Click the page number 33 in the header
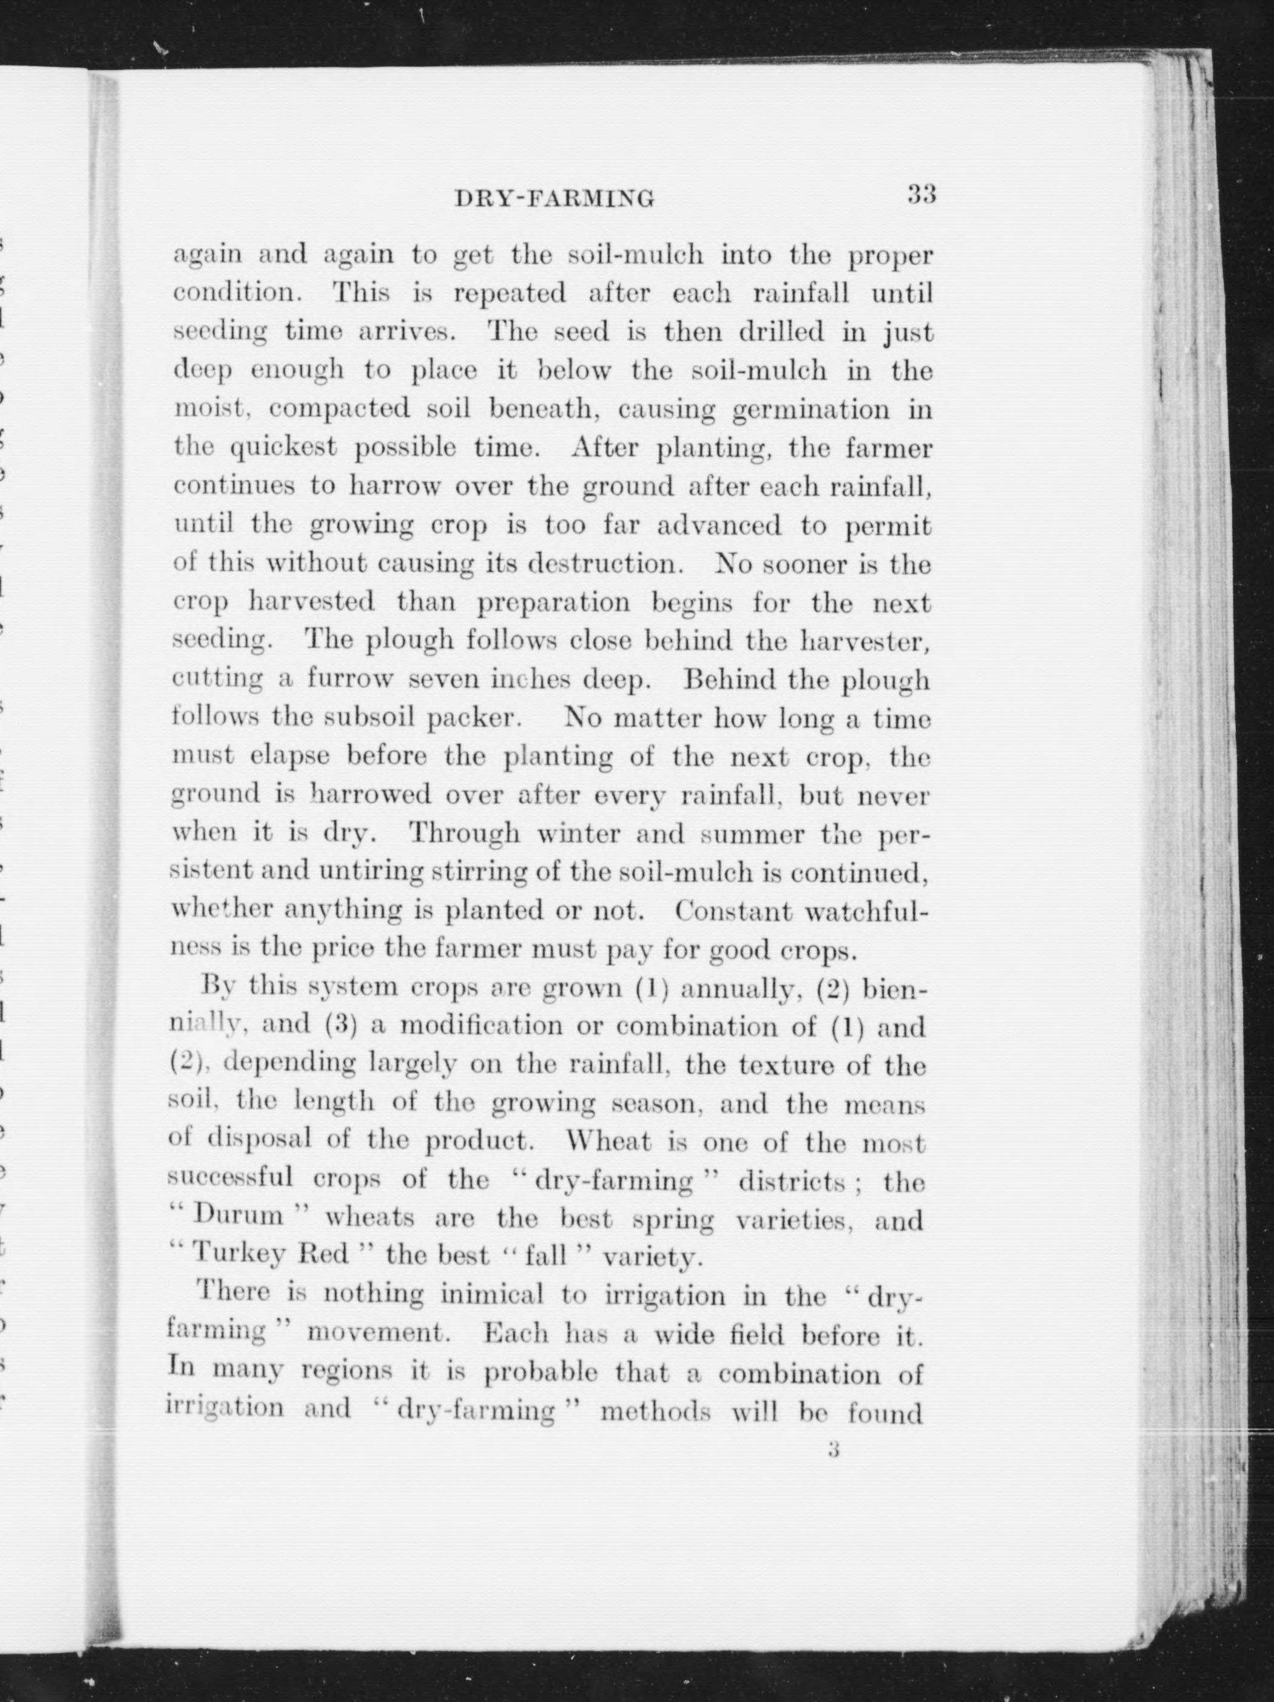pos(921,194)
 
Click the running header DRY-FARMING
pos(555,200)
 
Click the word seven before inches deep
pos(444,680)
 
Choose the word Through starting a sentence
pos(463,833)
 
